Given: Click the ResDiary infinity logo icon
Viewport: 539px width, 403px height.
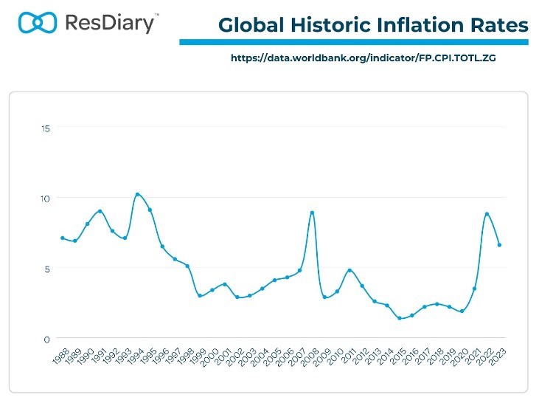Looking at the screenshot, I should (x=36, y=22).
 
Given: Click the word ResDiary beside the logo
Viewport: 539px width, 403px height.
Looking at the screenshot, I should (x=110, y=23).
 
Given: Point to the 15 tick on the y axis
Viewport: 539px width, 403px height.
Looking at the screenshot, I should (x=45, y=128).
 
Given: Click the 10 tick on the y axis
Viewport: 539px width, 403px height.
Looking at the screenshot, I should (x=45, y=199).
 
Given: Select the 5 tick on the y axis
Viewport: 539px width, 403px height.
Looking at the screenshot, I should (x=46, y=269).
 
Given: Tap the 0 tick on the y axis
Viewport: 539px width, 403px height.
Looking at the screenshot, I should (x=46, y=339).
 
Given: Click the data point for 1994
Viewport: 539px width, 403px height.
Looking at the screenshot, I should (x=137, y=195).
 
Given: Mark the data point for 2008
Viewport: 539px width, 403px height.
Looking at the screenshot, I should (x=312, y=213).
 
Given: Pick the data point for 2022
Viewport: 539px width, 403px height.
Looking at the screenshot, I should (x=487, y=214).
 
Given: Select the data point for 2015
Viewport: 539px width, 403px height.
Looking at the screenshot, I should (x=400, y=318).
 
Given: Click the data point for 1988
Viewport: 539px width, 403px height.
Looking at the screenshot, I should (x=62, y=238).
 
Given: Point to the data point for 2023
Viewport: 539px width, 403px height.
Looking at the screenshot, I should (x=499, y=245).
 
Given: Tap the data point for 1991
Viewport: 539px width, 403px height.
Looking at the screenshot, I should (x=100, y=211).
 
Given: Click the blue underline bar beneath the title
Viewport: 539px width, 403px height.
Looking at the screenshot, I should (x=354, y=42).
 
